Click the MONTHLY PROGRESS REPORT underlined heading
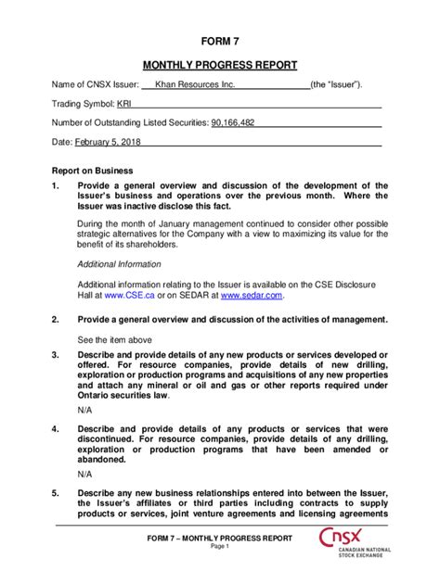click(x=219, y=66)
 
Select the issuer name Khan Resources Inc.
click(x=195, y=85)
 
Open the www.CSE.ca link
click(x=123, y=296)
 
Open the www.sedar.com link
click(x=252, y=296)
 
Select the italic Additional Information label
click(x=120, y=264)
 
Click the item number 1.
click(x=55, y=185)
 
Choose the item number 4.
click(x=55, y=429)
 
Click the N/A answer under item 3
click(x=84, y=410)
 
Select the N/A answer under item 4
click(x=84, y=472)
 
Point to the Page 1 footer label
click(x=219, y=548)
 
